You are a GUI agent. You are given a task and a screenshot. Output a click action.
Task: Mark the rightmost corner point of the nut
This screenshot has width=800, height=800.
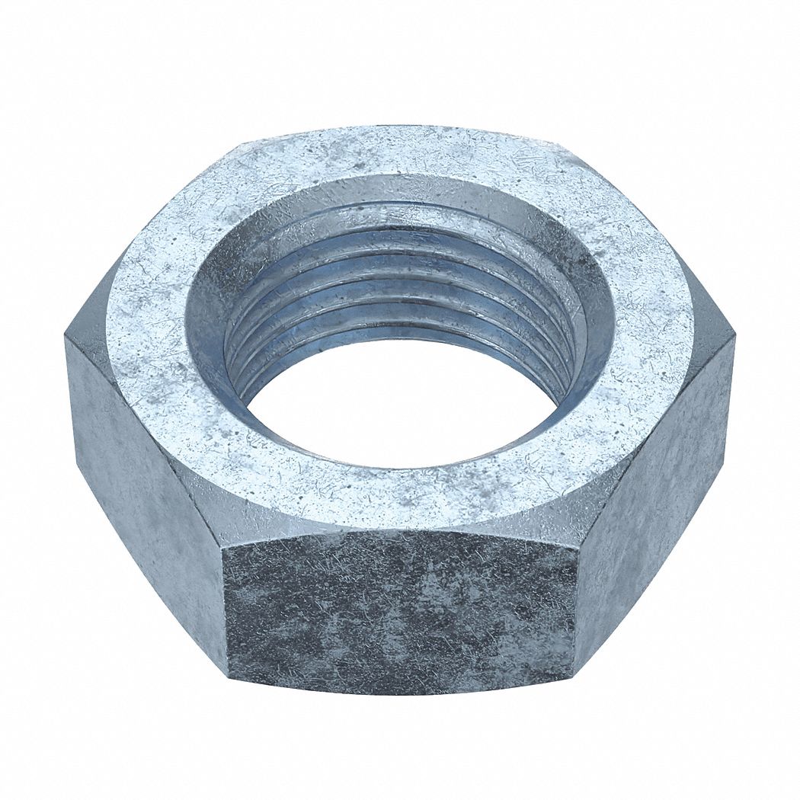734,335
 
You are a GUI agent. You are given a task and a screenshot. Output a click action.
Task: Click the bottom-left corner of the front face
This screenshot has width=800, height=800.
229,670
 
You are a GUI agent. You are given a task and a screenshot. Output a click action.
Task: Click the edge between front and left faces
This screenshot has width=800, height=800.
226,610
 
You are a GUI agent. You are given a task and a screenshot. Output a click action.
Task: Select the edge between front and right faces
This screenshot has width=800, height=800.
576,610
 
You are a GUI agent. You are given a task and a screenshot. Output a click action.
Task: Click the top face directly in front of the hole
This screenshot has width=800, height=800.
400,495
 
